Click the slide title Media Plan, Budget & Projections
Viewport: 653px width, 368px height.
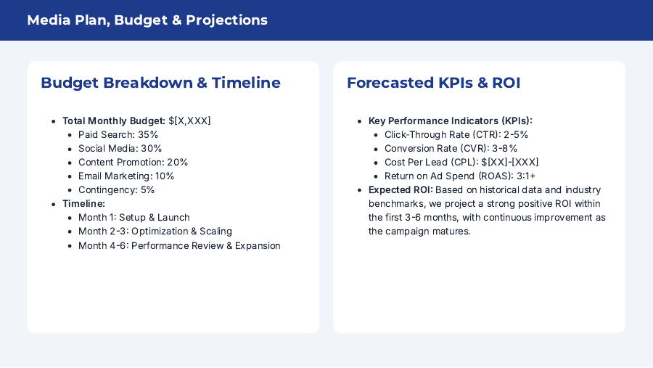tap(147, 20)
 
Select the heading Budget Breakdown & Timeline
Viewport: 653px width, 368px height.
tap(160, 83)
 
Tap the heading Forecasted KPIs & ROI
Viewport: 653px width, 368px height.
tap(433, 83)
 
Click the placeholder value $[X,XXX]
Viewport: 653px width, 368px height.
tap(189, 121)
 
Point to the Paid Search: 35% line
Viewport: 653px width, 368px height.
tap(118, 135)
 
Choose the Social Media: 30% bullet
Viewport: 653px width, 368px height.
tap(120, 149)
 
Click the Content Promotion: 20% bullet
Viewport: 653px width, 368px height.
tap(133, 163)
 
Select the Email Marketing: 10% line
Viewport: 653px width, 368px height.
tap(126, 176)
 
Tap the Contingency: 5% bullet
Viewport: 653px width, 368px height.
tap(116, 190)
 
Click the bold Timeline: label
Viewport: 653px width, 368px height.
tap(83, 204)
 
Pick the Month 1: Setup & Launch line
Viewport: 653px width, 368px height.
tap(134, 218)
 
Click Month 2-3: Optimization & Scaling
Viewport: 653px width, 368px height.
tap(155, 232)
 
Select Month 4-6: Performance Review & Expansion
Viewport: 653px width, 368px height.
tap(179, 245)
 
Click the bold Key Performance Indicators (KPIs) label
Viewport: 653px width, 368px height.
tap(450, 121)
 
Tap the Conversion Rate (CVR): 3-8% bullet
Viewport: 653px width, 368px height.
tap(451, 149)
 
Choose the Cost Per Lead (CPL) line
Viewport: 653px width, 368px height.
tap(461, 163)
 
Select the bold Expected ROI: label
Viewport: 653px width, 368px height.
tap(400, 190)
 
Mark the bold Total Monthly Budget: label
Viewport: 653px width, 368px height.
tap(113, 121)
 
